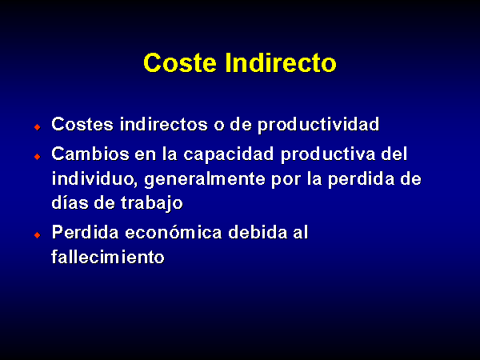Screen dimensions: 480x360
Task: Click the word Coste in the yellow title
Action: [180, 62]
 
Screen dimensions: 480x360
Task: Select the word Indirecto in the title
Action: [281, 62]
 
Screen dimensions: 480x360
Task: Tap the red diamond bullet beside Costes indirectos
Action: [38, 127]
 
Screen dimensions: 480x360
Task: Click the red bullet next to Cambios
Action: [38, 157]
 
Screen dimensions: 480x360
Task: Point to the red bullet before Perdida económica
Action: [38, 235]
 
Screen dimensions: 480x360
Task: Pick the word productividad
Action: [318, 125]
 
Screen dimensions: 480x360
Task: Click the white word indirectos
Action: [163, 124]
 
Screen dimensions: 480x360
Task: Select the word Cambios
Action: [90, 154]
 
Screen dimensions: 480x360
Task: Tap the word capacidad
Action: [228, 154]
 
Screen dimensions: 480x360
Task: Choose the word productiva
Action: [328, 154]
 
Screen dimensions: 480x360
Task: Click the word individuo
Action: [94, 178]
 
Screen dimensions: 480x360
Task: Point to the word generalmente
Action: [205, 179]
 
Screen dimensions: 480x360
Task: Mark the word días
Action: [69, 202]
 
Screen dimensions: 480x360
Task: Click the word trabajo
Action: [152, 203]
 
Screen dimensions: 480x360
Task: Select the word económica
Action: [174, 232]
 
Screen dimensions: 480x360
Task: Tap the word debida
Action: [258, 232]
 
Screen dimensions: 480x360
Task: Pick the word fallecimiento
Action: [108, 257]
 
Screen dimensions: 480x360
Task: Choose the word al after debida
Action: [301, 232]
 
